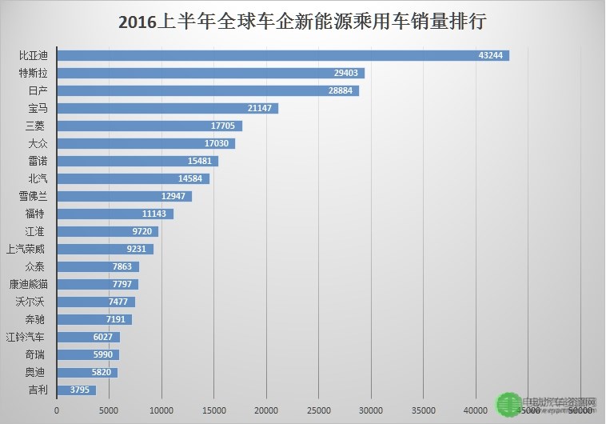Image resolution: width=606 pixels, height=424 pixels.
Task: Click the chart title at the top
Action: click(303, 22)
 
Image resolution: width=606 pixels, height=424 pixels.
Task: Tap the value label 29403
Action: click(347, 73)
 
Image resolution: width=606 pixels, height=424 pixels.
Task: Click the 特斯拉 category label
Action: click(34, 73)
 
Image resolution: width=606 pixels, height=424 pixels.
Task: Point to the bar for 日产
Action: click(208, 90)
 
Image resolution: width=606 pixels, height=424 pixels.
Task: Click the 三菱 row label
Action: click(35, 126)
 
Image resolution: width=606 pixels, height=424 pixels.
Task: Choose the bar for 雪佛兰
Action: click(124, 196)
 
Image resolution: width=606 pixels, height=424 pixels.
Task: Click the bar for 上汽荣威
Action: click(105, 249)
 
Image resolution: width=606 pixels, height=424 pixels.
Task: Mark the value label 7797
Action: click(123, 284)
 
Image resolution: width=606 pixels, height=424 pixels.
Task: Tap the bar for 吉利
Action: click(76, 390)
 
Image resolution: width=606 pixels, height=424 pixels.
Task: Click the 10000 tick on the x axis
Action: click(161, 410)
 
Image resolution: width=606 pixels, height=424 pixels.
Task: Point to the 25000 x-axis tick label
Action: click(319, 410)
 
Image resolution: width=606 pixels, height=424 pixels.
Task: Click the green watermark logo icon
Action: click(505, 405)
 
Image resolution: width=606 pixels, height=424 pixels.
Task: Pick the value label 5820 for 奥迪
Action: click(103, 372)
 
